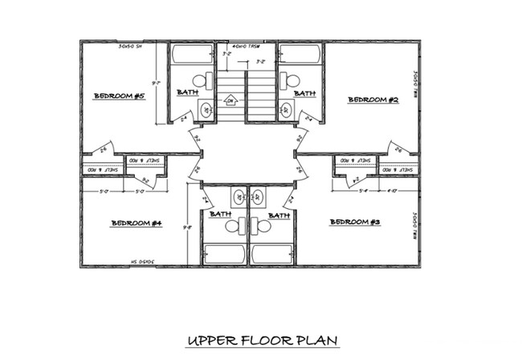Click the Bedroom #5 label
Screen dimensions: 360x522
click(119, 96)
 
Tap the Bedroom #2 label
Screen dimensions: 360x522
click(373, 100)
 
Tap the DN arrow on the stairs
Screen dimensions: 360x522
click(230, 100)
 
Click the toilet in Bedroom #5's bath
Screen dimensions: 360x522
click(206, 80)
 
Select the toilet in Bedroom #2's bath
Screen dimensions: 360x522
click(292, 80)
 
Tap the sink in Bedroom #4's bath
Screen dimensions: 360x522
click(239, 195)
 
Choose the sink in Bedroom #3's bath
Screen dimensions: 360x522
click(259, 195)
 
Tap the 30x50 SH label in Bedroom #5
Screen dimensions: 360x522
click(129, 47)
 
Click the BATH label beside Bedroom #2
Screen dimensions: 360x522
click(304, 94)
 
